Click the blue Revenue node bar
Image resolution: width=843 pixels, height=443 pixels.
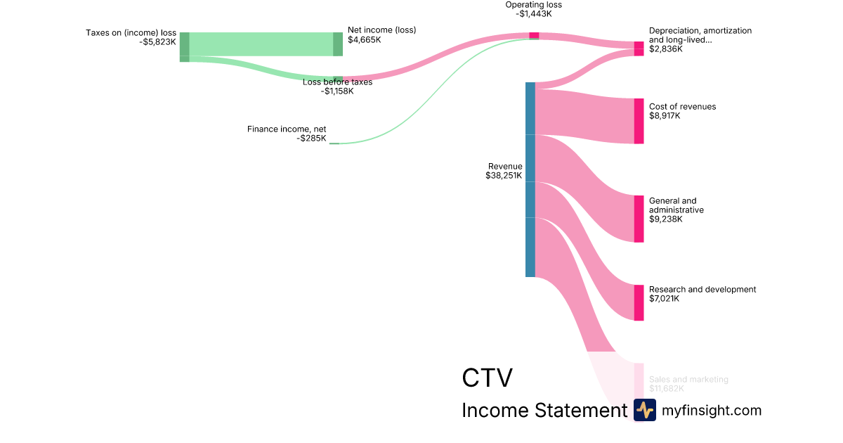point(530,179)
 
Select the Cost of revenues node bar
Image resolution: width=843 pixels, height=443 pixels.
point(639,121)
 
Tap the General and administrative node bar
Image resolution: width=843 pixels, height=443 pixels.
point(639,219)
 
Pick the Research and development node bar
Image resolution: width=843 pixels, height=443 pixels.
point(639,302)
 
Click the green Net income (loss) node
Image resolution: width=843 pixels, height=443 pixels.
point(338,44)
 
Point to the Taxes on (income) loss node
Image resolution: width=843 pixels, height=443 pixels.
point(184,46)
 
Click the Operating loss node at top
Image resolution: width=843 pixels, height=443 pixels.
point(534,35)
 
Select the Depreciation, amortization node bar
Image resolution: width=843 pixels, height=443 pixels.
point(639,49)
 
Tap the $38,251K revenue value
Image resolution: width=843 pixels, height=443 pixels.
point(504,176)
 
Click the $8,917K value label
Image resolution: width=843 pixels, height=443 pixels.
point(665,116)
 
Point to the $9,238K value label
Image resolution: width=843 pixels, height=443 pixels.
point(665,219)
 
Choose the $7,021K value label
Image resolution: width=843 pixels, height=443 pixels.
point(665,299)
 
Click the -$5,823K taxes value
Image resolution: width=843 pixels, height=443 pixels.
point(157,41)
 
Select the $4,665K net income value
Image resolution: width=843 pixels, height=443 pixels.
point(365,40)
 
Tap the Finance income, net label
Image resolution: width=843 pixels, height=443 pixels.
point(287,129)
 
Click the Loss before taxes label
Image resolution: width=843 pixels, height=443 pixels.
point(337,82)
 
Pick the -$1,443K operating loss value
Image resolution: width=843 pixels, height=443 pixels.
point(534,14)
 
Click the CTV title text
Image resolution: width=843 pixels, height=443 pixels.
point(487,378)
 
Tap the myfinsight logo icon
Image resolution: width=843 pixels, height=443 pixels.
point(644,410)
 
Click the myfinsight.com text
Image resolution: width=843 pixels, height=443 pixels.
point(712,410)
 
